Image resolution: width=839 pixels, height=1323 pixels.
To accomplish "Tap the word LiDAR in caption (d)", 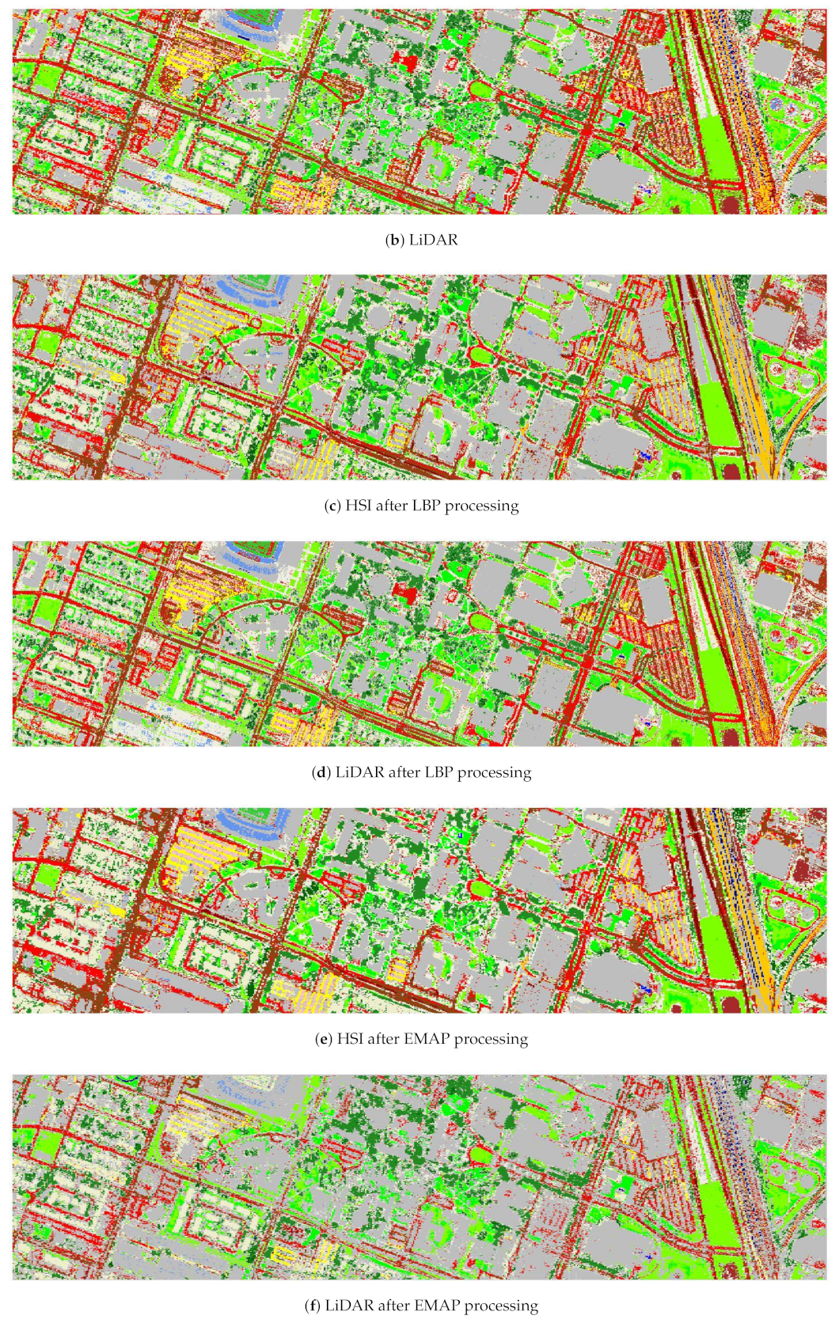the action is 359,772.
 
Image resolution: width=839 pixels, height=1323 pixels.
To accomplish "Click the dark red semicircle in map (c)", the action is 732,473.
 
